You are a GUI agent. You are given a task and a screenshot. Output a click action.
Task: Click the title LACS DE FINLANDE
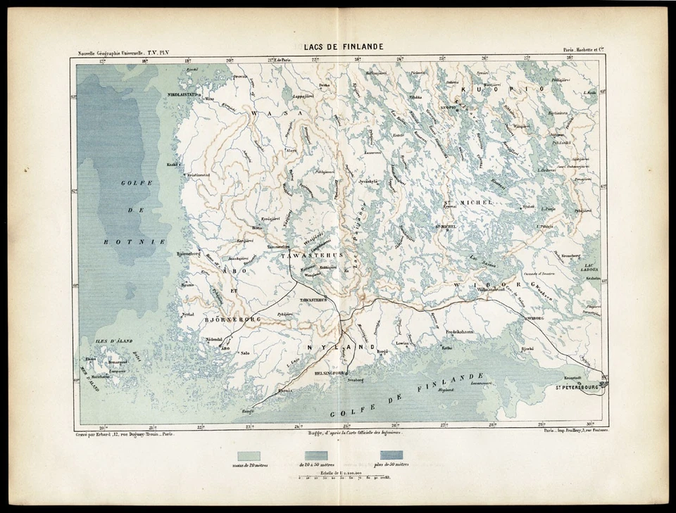pos(344,46)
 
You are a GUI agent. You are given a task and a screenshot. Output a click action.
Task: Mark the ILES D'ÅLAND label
pos(113,341)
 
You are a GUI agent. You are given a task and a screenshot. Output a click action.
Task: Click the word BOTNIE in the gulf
pos(124,241)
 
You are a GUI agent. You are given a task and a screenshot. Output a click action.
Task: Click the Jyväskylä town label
pos(368,181)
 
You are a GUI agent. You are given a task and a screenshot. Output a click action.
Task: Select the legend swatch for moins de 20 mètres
pos(249,455)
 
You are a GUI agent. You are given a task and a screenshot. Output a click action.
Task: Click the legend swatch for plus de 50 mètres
pos(392,455)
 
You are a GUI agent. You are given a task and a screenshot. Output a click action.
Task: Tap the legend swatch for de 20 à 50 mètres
pos(315,455)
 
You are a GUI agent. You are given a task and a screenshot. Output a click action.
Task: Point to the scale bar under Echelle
pos(340,479)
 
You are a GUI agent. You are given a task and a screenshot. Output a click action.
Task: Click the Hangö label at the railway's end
pos(248,410)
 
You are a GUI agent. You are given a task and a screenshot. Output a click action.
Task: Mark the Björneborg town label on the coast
pos(189,253)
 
